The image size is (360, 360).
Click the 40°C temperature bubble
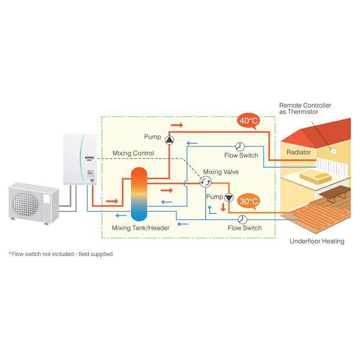[248, 121]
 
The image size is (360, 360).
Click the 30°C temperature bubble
[248, 201]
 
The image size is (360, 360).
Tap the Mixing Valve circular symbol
[206, 182]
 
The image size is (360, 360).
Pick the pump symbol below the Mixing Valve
[229, 197]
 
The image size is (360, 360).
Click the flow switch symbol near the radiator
[240, 146]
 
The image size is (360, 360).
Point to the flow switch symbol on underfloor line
[243, 219]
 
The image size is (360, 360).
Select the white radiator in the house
[333, 166]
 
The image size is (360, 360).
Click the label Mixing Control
[133, 153]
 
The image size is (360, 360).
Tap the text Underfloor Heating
[316, 241]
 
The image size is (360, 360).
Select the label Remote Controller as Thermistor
[305, 109]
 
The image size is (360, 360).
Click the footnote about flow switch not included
[60, 254]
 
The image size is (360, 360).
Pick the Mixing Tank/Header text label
[141, 228]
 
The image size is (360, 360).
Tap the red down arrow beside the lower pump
[223, 207]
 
